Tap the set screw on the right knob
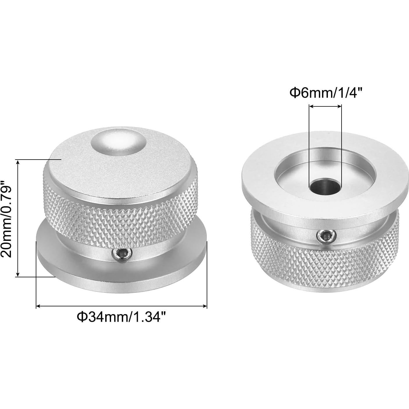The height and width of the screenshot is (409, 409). pyautogui.click(x=327, y=235)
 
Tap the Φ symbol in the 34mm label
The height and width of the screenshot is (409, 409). pyautogui.click(x=82, y=317)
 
